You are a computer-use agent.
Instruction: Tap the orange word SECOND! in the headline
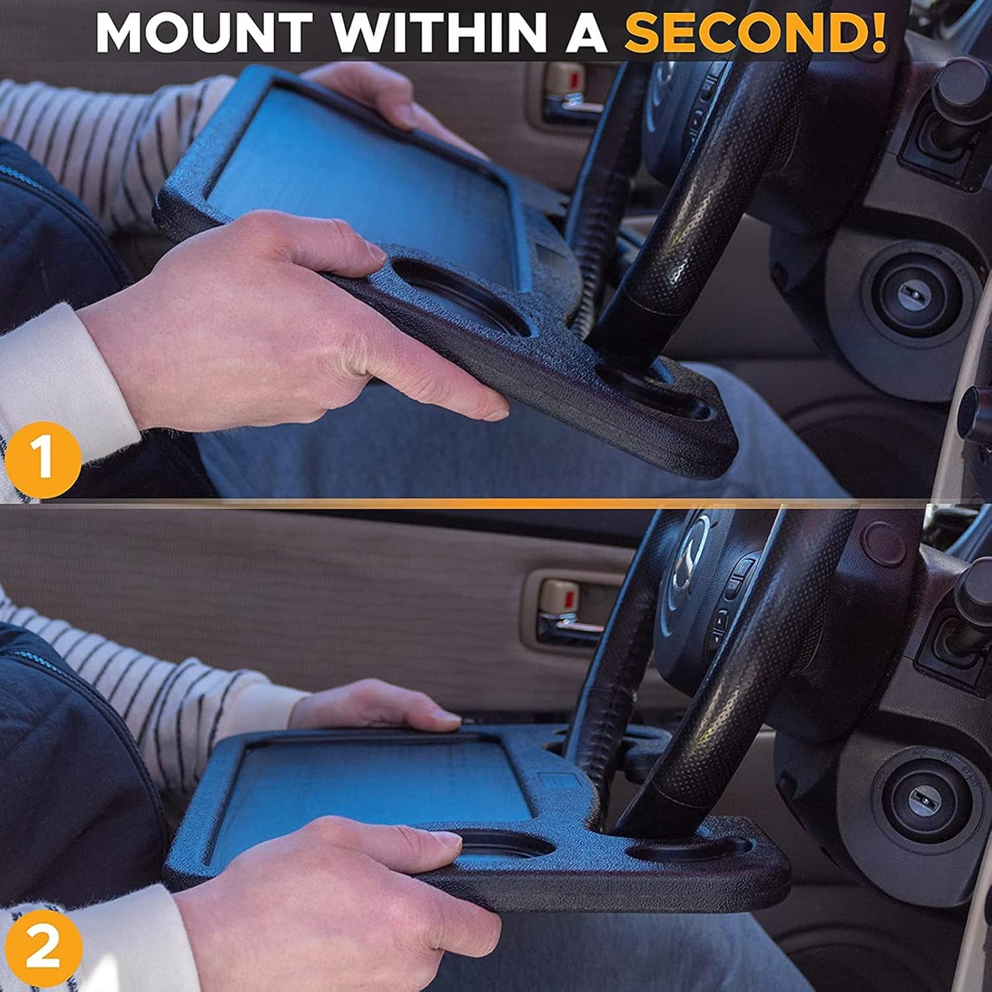pyautogui.click(x=754, y=33)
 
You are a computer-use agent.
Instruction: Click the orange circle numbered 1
pyautogui.click(x=43, y=459)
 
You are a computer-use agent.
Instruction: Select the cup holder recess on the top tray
pyautogui.click(x=460, y=295)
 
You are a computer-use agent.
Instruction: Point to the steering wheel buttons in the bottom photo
pyautogui.click(x=728, y=597)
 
